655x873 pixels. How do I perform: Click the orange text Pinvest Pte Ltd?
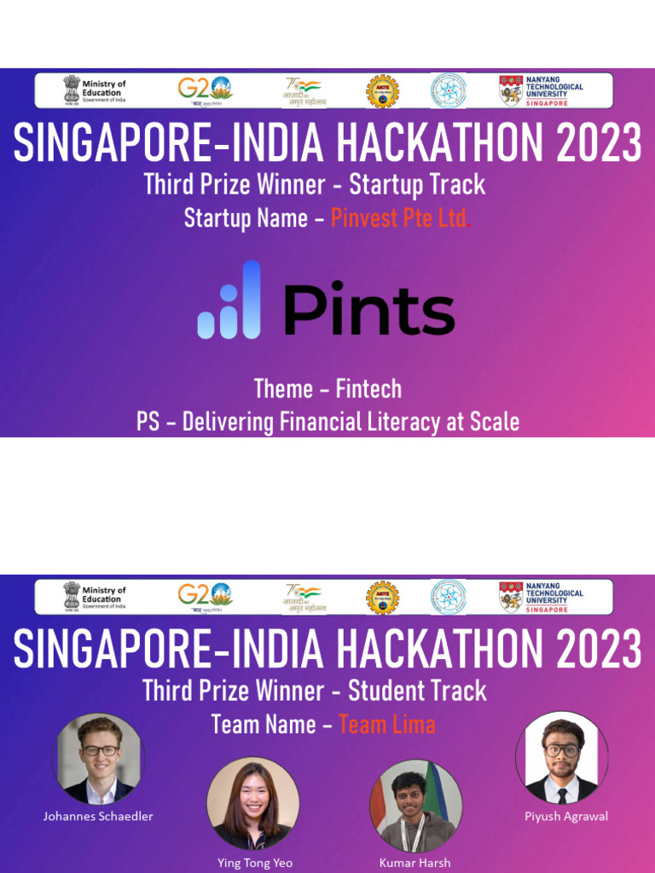click(x=401, y=218)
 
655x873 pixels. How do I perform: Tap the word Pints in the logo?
click(x=368, y=310)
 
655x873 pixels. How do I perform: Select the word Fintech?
click(x=368, y=389)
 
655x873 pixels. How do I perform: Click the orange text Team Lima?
click(x=387, y=725)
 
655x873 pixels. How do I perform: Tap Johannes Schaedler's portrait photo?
click(x=100, y=758)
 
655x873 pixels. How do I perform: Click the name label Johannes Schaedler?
click(x=98, y=816)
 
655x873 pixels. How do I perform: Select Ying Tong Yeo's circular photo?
click(x=252, y=804)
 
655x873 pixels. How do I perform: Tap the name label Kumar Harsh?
click(x=415, y=863)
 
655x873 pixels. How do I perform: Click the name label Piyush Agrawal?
click(x=566, y=816)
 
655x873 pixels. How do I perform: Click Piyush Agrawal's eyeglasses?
click(x=561, y=750)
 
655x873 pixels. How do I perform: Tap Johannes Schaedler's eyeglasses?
click(x=100, y=750)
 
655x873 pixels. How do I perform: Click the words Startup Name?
click(x=246, y=218)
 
